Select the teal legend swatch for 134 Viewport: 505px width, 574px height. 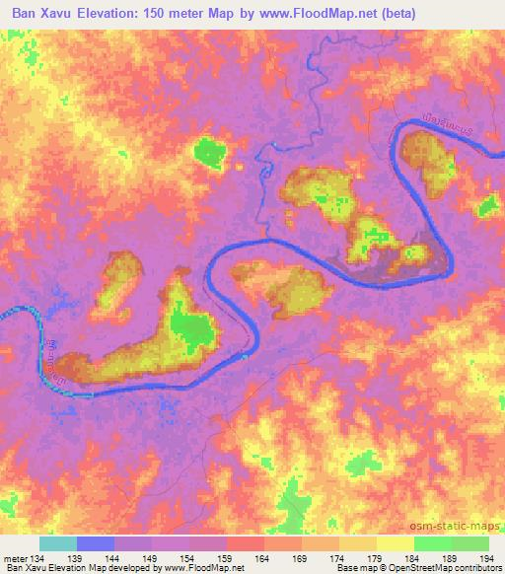point(57,543)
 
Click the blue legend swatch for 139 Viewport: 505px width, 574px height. point(96,543)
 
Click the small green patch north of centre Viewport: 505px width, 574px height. point(208,152)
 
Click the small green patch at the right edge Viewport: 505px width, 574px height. point(488,206)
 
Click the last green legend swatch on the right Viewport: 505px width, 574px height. point(470,543)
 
